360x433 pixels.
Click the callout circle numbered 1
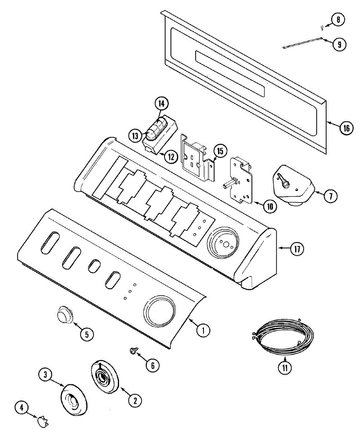[x=203, y=330]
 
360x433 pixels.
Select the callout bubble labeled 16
[x=346, y=128]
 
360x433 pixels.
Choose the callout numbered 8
[x=338, y=19]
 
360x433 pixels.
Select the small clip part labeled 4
[x=42, y=420]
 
